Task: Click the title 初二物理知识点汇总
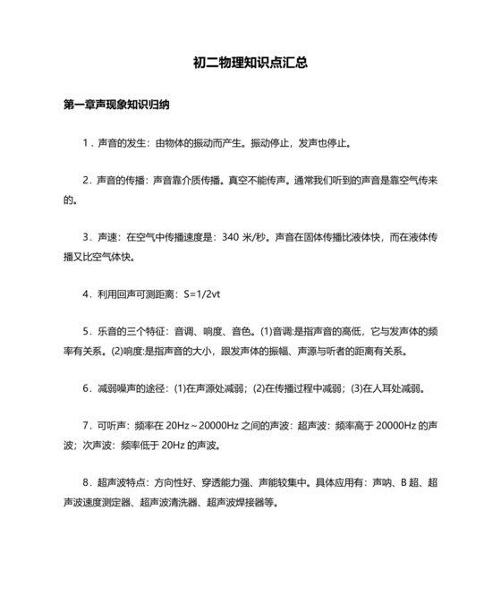(250, 64)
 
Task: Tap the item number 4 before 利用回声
(86, 293)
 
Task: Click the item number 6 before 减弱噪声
(86, 388)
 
